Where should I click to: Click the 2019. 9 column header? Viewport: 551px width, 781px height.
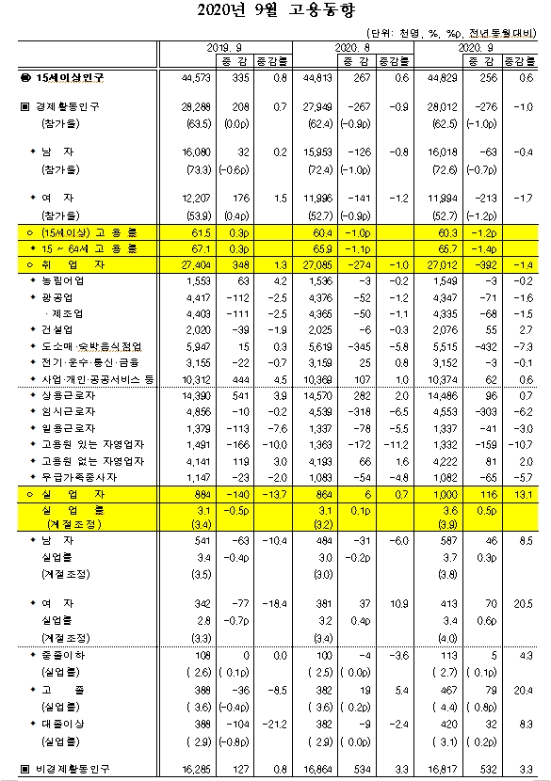pyautogui.click(x=220, y=45)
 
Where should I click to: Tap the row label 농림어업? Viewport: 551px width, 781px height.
pyautogui.click(x=65, y=280)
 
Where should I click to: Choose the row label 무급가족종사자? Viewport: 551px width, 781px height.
pyautogui.click(x=75, y=477)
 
